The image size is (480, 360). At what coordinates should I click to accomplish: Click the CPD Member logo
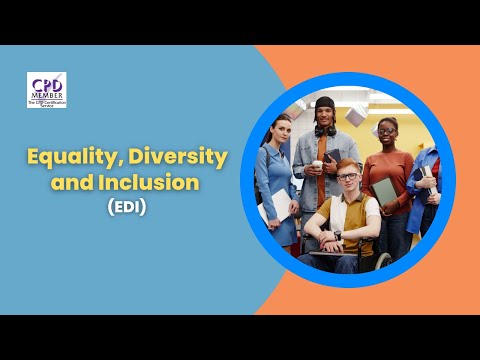tap(47, 90)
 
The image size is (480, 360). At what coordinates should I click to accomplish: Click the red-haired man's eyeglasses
tap(349, 177)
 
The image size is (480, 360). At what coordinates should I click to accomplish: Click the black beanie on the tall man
tap(326, 103)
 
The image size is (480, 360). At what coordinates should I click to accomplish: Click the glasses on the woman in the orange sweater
tap(386, 130)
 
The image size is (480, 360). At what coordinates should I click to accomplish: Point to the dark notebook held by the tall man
tap(331, 156)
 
